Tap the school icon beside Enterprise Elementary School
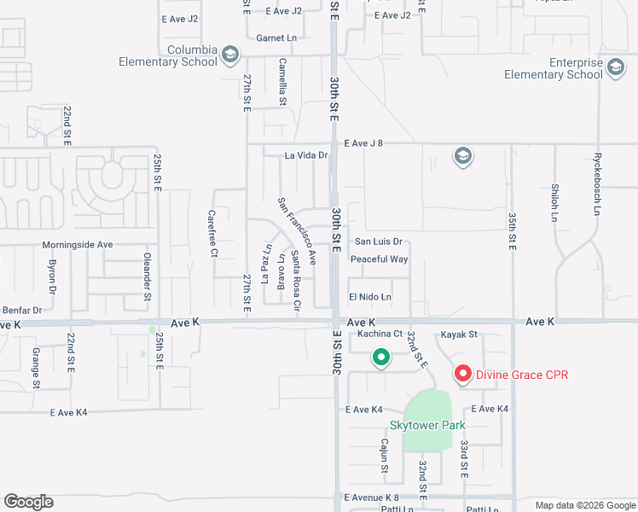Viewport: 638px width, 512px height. (x=615, y=68)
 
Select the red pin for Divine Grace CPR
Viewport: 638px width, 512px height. (x=462, y=373)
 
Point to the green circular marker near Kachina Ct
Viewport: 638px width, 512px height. (x=381, y=358)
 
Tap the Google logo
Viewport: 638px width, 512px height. (x=28, y=502)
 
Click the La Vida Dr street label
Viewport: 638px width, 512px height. (x=306, y=155)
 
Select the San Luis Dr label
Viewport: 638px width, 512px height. (x=378, y=242)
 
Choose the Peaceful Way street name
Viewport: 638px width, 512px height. (x=380, y=259)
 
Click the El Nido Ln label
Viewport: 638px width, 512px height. (x=370, y=297)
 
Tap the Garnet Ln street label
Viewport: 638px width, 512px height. (x=276, y=38)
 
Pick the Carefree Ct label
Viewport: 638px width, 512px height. (x=213, y=234)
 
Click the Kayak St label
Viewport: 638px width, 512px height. (x=459, y=335)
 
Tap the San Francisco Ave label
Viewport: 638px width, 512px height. (x=297, y=230)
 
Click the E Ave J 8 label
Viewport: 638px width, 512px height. (x=363, y=143)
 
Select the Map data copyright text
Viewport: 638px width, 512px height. (x=584, y=505)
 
